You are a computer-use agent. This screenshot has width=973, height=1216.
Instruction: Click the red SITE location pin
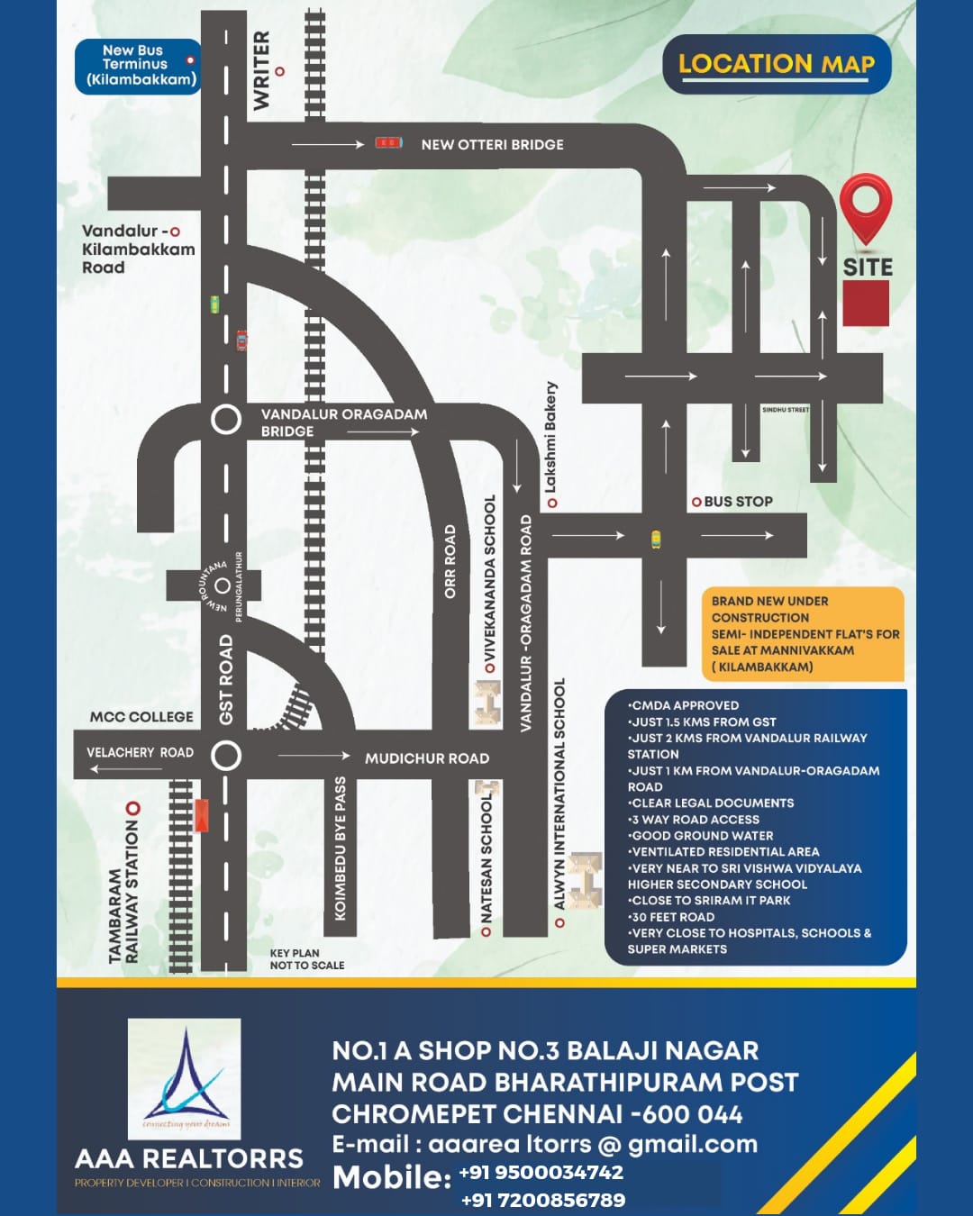(866, 205)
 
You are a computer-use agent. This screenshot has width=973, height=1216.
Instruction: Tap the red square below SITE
(866, 303)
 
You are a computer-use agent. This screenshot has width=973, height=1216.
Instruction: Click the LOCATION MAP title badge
(777, 64)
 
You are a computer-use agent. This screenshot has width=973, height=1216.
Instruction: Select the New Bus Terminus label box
(138, 66)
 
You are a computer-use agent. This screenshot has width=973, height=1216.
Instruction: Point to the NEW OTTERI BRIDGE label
(492, 144)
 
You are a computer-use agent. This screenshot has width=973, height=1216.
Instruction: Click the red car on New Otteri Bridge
(388, 142)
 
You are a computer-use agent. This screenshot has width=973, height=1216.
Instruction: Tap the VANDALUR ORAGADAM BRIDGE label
(343, 422)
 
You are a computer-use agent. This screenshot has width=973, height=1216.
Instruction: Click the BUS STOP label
(738, 502)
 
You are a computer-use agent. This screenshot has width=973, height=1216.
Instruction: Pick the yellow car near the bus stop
(656, 540)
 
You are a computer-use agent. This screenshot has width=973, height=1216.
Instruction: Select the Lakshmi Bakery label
(550, 438)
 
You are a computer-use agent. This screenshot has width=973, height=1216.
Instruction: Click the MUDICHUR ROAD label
(426, 758)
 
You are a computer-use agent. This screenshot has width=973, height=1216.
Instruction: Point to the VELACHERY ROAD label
(140, 752)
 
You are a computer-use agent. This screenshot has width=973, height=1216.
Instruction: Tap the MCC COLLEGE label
(141, 717)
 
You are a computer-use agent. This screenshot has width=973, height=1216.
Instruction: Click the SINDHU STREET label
(786, 410)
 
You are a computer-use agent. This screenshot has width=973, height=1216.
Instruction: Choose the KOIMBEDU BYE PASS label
(341, 848)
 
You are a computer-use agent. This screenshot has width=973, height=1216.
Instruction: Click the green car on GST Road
(214, 304)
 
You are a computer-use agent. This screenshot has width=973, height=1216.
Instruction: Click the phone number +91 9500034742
(541, 1172)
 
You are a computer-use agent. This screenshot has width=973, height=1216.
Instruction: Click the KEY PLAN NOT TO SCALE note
(306, 958)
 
